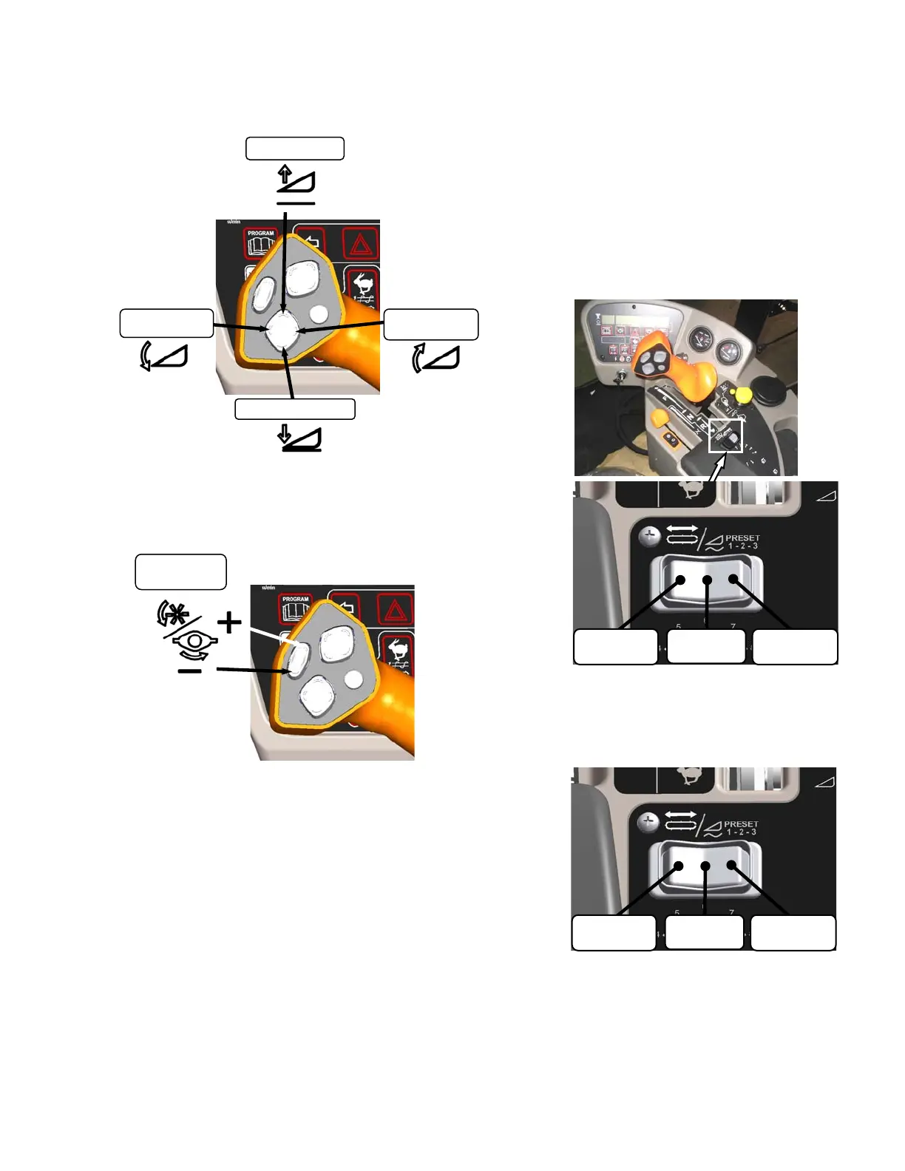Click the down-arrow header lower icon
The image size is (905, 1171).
click(x=299, y=437)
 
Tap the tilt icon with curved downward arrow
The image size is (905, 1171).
click(x=164, y=356)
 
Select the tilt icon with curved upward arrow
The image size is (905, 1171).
click(x=435, y=357)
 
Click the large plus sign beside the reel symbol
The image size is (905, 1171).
click(x=229, y=622)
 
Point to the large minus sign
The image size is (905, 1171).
click(x=190, y=671)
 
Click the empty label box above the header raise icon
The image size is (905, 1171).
click(x=295, y=148)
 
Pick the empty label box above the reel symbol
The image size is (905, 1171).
click(x=180, y=571)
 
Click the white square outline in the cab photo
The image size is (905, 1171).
click(x=725, y=435)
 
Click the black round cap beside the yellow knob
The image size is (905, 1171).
click(x=770, y=393)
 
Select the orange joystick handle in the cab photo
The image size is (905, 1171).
click(x=677, y=362)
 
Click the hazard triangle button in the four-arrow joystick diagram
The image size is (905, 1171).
click(x=361, y=243)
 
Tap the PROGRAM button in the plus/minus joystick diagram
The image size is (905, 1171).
click(x=295, y=608)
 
